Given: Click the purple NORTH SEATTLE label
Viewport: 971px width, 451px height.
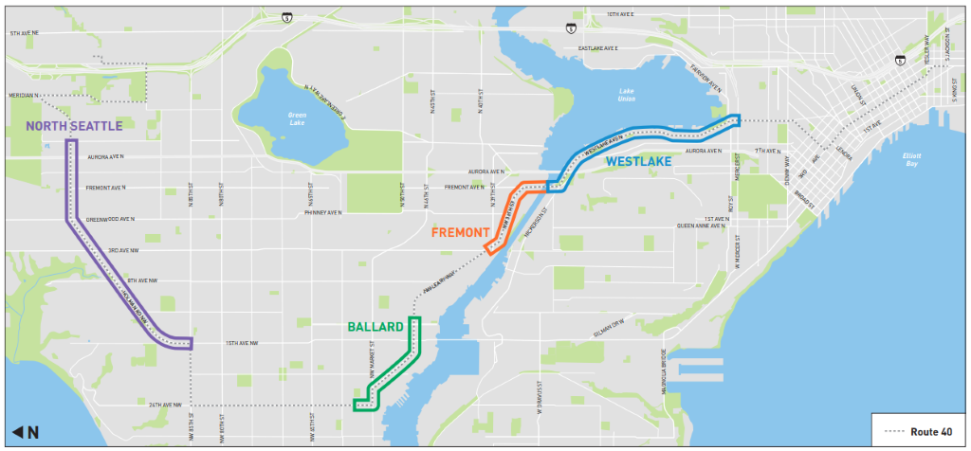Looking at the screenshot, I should click(74, 126).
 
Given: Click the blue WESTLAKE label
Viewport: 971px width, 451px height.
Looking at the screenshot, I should click(638, 162).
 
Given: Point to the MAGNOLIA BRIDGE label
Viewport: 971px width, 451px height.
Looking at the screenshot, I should click(665, 366).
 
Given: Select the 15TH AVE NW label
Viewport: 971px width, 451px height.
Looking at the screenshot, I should click(241, 343).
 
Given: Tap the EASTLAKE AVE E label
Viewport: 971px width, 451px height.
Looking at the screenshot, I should click(597, 48).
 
